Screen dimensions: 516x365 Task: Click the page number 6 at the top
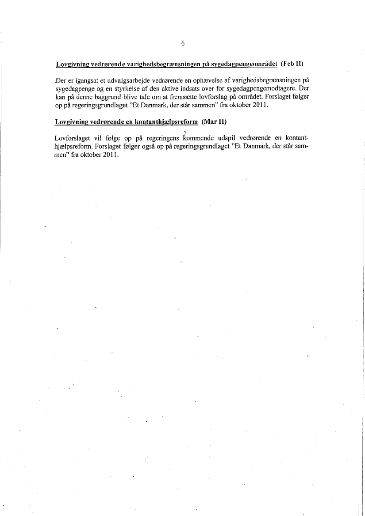(183, 43)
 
